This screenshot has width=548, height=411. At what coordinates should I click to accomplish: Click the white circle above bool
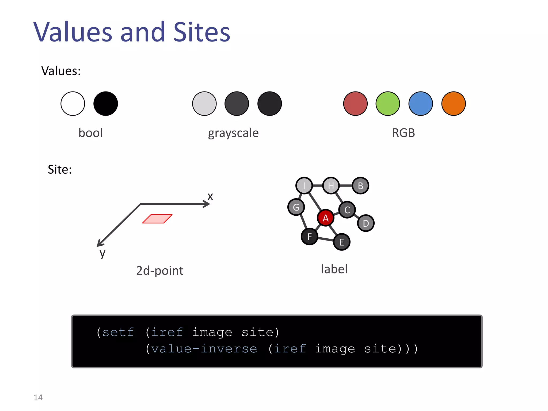tap(73, 104)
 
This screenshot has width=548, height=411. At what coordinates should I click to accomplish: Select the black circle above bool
tap(106, 104)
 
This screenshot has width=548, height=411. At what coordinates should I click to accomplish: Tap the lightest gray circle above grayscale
tap(204, 104)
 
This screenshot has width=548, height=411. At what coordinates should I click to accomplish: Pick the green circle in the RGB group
tap(388, 104)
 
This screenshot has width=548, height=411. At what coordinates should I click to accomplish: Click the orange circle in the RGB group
tap(454, 104)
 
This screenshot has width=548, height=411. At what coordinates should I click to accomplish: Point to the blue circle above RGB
tap(421, 104)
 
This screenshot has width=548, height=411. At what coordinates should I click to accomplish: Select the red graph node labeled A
tap(325, 218)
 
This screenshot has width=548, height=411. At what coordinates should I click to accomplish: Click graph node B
tap(360, 186)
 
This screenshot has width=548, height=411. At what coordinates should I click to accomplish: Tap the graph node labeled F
tap(310, 237)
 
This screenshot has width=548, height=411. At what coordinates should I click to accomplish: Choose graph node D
tap(366, 223)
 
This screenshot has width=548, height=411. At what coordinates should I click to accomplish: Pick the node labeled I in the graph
tap(304, 185)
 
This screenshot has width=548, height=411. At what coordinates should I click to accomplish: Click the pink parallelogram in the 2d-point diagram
tap(157, 219)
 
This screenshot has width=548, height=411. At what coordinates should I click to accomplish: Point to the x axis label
tap(210, 196)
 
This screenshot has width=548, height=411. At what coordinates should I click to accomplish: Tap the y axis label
tap(102, 253)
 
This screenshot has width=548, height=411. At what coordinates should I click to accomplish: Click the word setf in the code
tap(118, 332)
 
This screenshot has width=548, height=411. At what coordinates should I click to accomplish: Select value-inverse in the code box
tap(204, 349)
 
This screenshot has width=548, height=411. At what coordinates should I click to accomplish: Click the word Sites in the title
tap(202, 32)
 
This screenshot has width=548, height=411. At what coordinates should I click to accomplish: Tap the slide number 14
tap(38, 397)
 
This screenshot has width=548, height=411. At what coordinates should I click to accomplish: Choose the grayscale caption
tap(233, 133)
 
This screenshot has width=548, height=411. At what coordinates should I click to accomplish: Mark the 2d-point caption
tap(160, 271)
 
